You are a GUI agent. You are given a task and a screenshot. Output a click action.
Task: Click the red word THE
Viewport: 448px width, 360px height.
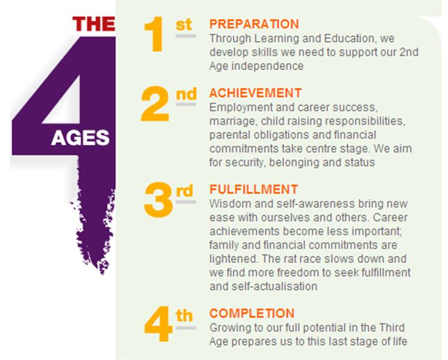[93, 24]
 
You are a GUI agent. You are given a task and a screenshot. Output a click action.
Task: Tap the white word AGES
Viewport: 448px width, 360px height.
[80, 138]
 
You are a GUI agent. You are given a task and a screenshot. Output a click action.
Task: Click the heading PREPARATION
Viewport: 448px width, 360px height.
[254, 24]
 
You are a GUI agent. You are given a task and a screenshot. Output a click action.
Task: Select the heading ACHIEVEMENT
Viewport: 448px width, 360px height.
[255, 94]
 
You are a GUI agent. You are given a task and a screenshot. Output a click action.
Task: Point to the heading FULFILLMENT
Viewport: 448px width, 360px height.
[253, 189]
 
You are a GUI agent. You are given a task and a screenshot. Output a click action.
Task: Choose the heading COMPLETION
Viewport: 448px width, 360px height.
[252, 313]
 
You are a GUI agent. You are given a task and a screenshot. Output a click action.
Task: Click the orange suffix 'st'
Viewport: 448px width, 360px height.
[184, 25]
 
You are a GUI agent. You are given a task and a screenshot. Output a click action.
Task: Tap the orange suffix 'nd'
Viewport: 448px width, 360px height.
[186, 94]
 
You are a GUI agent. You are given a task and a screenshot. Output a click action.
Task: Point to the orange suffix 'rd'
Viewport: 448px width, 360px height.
[185, 191]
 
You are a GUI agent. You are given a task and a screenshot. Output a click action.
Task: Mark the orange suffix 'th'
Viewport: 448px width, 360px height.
[184, 315]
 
